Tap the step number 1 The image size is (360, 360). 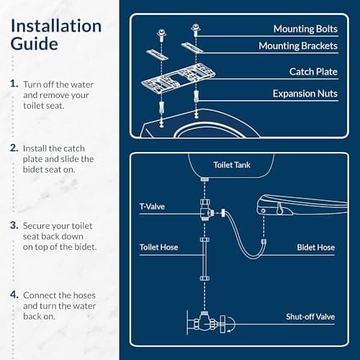(x=14, y=84)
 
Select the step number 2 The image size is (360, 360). (x=14, y=148)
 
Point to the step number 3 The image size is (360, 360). (x=14, y=225)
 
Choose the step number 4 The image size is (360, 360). (x=14, y=294)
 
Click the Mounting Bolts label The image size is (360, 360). (x=304, y=29)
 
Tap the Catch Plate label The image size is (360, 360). (x=312, y=72)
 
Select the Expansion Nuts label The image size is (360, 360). (x=303, y=94)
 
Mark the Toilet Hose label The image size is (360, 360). (x=158, y=247)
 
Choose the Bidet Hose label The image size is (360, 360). (x=315, y=247)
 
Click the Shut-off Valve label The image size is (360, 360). (x=310, y=316)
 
